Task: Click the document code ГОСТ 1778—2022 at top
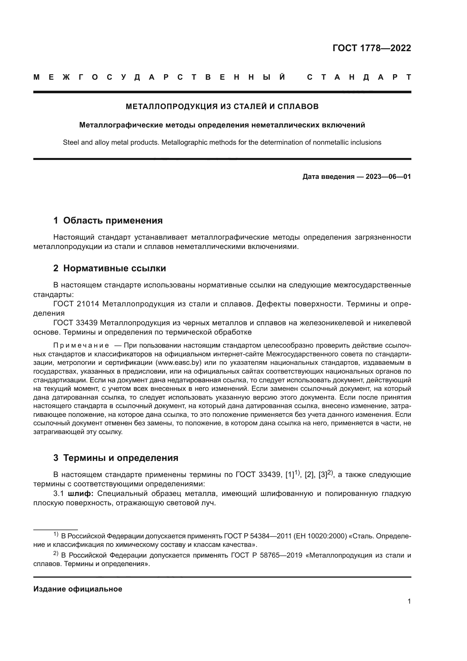[372, 48]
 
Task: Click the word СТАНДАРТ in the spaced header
[359, 77]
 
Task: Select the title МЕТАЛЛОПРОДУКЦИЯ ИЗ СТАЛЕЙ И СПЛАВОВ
[222, 107]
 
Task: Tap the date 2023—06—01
[388, 177]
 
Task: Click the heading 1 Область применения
[108, 220]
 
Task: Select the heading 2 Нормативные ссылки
[110, 268]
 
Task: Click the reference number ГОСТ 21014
[76, 304]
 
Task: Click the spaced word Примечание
[81, 345]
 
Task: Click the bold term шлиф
[80, 494]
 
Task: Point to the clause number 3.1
[58, 494]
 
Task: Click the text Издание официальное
[78, 589]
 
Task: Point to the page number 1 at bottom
[409, 601]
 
